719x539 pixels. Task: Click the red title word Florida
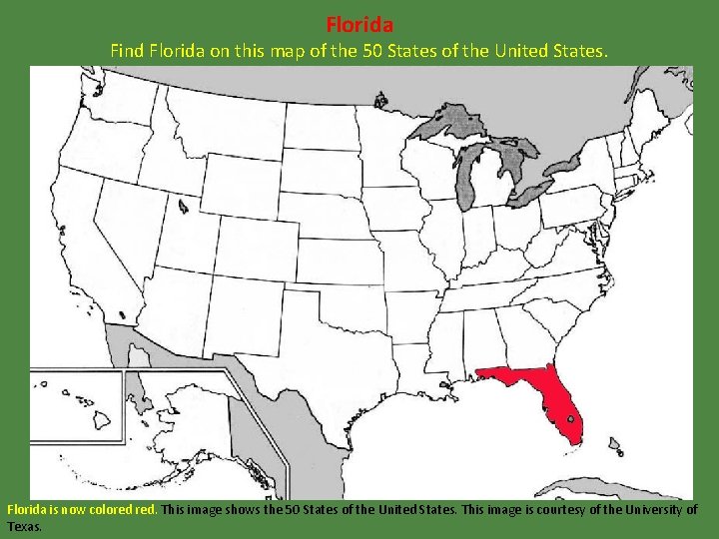click(359, 23)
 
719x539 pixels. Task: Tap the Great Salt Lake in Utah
click(183, 207)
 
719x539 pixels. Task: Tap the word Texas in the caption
click(23, 526)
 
